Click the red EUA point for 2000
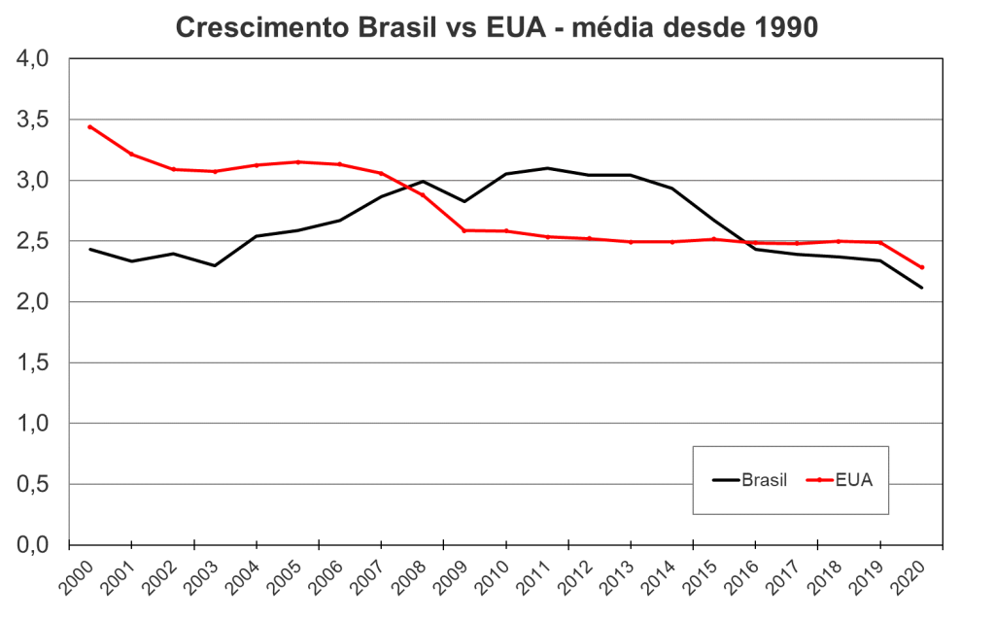[x=89, y=126]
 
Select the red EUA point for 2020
[x=921, y=267]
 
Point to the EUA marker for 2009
[x=463, y=230]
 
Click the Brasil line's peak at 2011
[x=547, y=168]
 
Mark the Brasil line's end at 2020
[x=921, y=288]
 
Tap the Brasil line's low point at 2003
[x=214, y=265]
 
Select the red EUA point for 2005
[x=297, y=161]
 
